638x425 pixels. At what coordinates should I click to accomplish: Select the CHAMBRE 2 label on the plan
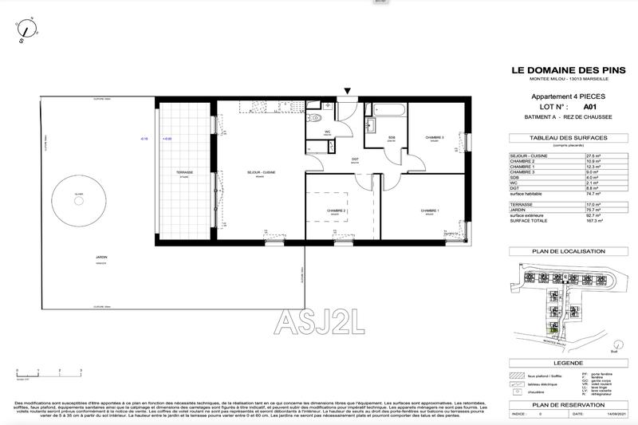[336, 211]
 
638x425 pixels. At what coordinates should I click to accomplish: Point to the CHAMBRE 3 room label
[435, 137]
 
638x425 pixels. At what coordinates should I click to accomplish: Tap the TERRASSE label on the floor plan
[185, 172]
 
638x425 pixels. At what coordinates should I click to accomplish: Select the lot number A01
[589, 106]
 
